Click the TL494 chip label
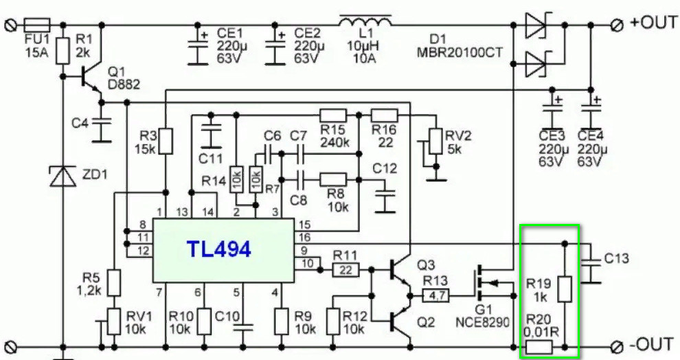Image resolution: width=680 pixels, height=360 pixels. click(x=219, y=249)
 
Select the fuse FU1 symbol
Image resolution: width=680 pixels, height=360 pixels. click(x=36, y=24)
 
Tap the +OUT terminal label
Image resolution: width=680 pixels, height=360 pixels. click(x=653, y=22)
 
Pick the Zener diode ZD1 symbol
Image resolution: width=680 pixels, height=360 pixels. click(x=63, y=176)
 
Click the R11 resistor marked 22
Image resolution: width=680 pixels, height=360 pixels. click(x=345, y=270)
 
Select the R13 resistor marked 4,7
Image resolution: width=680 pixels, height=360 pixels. click(x=436, y=296)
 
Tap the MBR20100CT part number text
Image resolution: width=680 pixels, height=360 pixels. click(x=460, y=52)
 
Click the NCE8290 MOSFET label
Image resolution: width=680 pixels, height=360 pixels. click(x=482, y=323)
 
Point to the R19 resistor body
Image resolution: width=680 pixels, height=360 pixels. click(x=565, y=289)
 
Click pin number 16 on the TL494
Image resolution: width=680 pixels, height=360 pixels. click(x=305, y=237)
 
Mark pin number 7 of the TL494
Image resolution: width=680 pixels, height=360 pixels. click(x=159, y=293)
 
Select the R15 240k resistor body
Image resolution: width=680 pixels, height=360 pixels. click(x=333, y=115)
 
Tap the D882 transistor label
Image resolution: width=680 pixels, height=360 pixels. click(x=124, y=84)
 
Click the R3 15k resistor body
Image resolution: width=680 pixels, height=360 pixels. click(x=166, y=141)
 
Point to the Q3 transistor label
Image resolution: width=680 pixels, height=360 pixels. click(x=427, y=265)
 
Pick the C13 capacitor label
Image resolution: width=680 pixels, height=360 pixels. click(x=616, y=258)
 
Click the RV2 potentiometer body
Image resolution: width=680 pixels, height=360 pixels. click(x=435, y=141)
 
